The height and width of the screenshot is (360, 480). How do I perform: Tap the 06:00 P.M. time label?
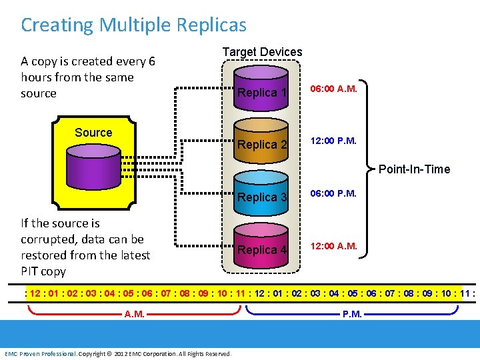[x=333, y=193]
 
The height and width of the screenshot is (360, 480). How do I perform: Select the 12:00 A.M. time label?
[x=333, y=246]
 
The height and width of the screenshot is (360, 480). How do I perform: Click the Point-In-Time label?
[x=414, y=169]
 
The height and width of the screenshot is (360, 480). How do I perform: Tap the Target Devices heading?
[x=262, y=52]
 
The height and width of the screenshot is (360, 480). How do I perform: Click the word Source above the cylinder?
[x=93, y=133]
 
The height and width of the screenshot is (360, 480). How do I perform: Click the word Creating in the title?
[x=57, y=25]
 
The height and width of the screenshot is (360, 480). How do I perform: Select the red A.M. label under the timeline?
[x=135, y=314]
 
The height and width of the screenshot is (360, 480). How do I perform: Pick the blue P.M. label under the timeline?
[x=352, y=314]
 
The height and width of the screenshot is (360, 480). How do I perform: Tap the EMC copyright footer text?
[x=118, y=353]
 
